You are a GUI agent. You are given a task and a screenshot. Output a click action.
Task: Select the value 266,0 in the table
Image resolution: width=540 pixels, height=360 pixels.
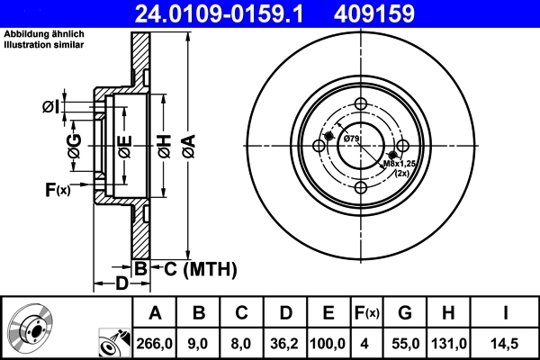click(x=155, y=342)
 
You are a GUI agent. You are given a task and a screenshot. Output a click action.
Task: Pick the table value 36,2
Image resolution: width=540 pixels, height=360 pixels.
click(x=285, y=342)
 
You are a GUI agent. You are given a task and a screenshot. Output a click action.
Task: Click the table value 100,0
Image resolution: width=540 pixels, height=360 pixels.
click(x=328, y=342)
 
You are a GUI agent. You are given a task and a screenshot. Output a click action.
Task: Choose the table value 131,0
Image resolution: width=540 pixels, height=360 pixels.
click(x=448, y=342)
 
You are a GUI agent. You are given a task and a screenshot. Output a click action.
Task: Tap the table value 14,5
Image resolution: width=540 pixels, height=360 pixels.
click(x=506, y=342)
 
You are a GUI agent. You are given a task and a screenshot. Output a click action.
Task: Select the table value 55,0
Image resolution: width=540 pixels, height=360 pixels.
click(x=405, y=342)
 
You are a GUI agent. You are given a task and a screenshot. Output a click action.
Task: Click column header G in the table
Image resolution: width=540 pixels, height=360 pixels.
click(x=405, y=313)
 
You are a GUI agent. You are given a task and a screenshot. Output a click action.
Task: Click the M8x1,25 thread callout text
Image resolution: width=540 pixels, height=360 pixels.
click(x=400, y=164)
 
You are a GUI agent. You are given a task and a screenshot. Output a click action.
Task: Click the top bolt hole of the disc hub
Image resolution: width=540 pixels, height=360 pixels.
click(x=361, y=104)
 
